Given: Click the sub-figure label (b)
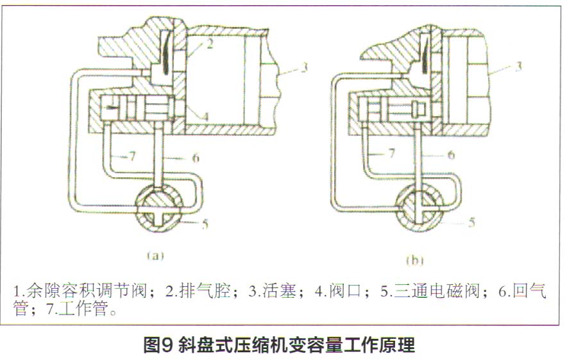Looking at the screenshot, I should coord(416,261).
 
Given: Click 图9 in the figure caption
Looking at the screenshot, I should coord(158,345).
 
